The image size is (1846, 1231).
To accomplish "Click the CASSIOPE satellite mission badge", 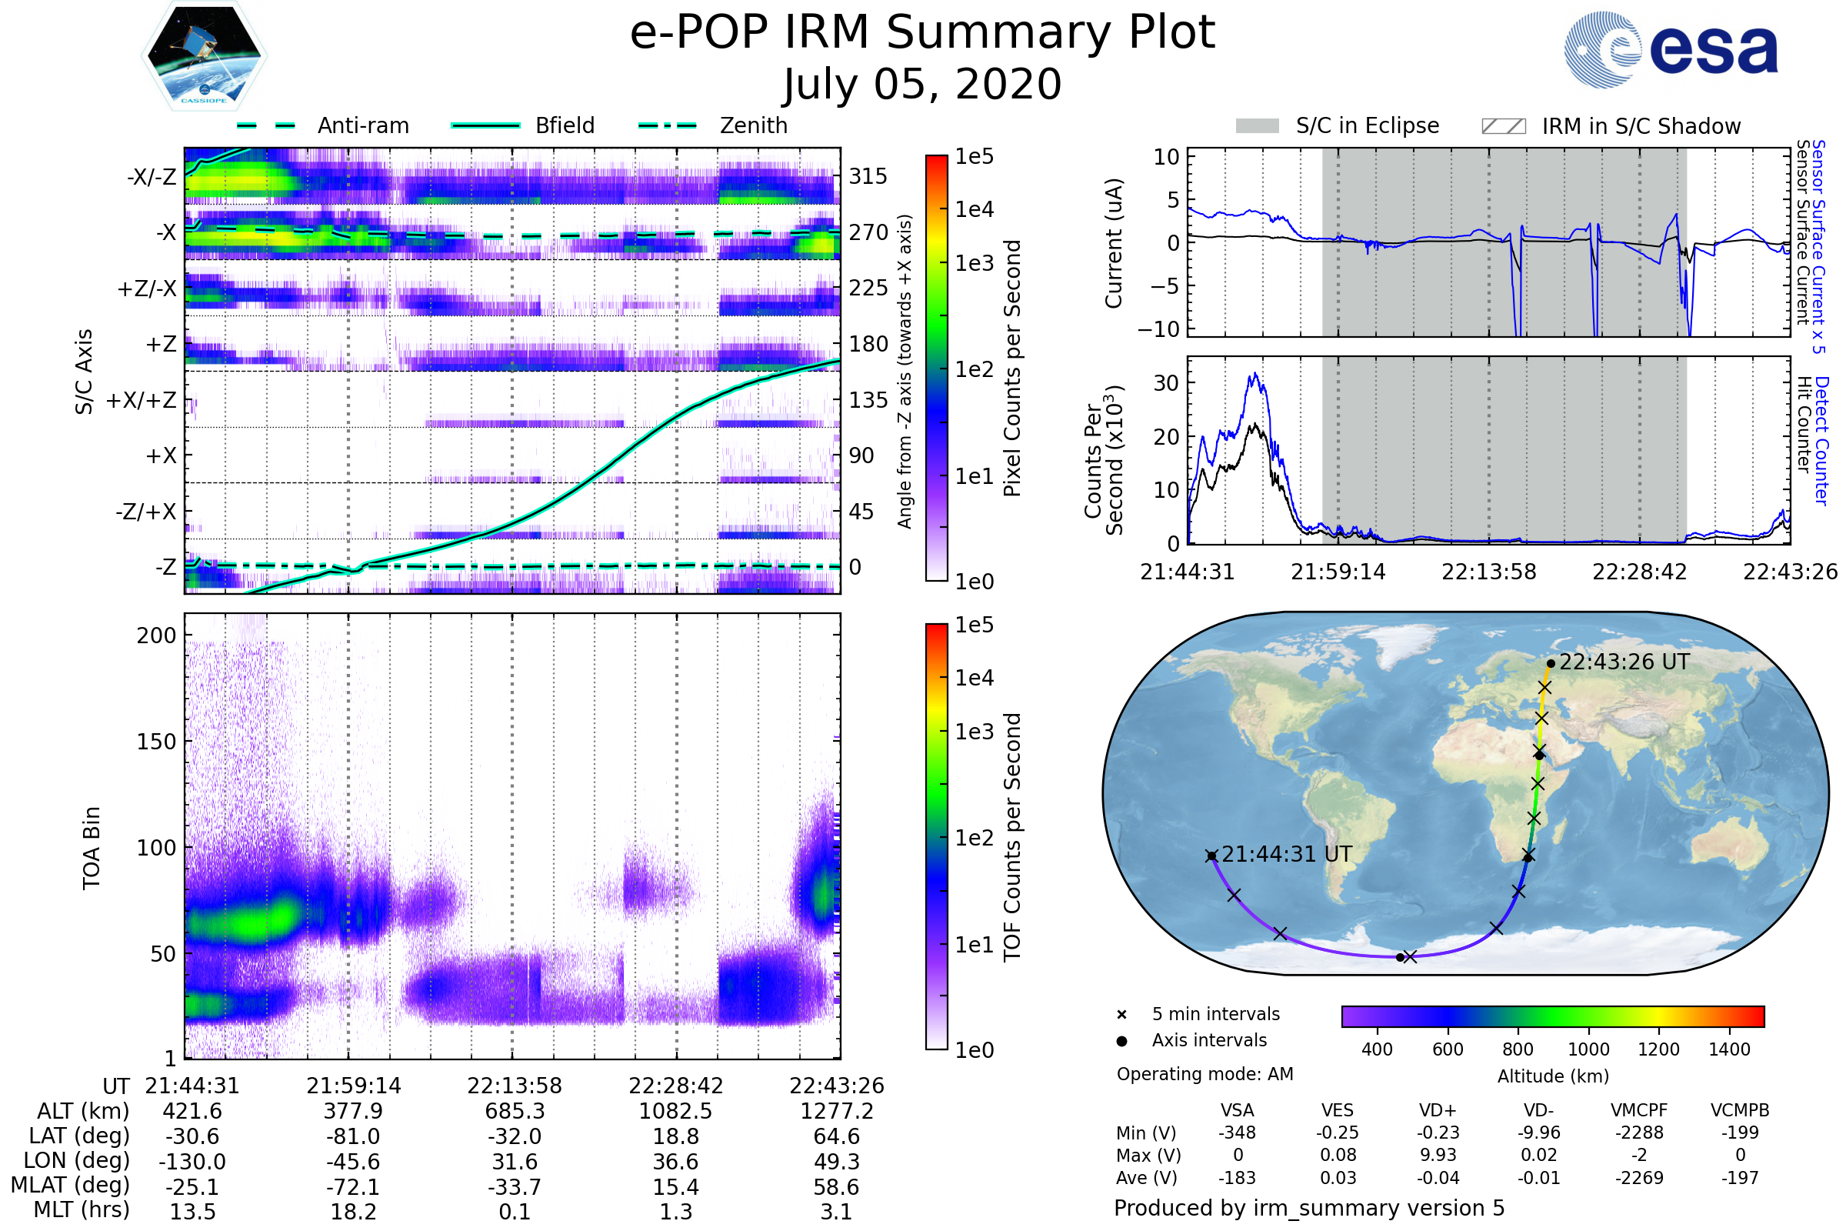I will click(x=204, y=55).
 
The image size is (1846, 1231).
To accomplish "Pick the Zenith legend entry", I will click(x=713, y=125).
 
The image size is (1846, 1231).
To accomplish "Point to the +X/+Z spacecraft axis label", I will click(x=142, y=400).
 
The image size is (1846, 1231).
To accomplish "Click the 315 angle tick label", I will click(x=868, y=176).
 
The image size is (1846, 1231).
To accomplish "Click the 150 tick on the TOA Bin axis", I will click(x=156, y=742).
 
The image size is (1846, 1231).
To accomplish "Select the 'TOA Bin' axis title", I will click(x=91, y=848).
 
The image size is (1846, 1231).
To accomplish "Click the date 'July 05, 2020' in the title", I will click(x=922, y=84).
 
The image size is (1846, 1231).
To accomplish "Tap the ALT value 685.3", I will click(x=515, y=1111).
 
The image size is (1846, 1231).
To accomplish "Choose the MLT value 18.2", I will click(x=353, y=1211).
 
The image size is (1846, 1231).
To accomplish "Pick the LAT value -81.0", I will click(x=353, y=1136).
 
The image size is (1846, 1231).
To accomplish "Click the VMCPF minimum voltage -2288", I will click(x=1639, y=1133).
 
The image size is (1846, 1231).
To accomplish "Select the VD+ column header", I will click(x=1438, y=1110).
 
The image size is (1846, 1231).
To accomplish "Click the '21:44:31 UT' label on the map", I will click(x=1286, y=854).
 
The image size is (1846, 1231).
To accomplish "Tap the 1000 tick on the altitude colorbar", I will click(x=1588, y=1049).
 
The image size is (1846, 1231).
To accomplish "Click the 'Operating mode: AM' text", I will click(x=1205, y=1074).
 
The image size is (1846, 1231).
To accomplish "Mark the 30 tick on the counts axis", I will click(x=1166, y=383).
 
